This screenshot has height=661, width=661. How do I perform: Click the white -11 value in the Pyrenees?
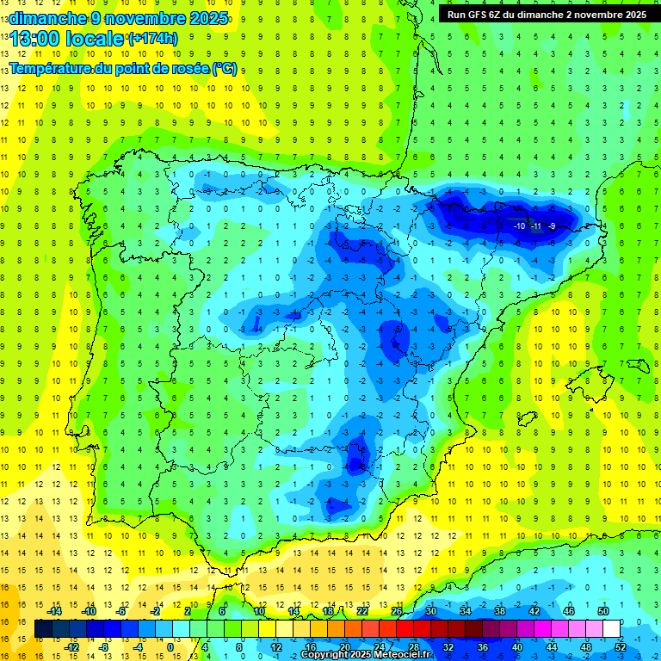tap(536, 225)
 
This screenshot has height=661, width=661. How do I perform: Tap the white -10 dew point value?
tap(520, 225)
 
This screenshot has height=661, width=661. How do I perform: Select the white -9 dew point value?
tap(552, 225)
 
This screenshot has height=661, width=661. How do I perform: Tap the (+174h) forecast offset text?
tap(152, 39)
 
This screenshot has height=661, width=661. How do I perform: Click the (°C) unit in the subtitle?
tap(225, 68)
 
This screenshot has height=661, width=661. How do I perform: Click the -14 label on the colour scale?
tap(54, 610)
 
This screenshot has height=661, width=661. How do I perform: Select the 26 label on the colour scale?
tap(397, 610)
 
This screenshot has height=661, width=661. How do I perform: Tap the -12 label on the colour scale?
tap(71, 646)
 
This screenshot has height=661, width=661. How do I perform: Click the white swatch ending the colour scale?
tap(611, 629)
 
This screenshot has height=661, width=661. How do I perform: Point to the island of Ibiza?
tap(525, 419)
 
